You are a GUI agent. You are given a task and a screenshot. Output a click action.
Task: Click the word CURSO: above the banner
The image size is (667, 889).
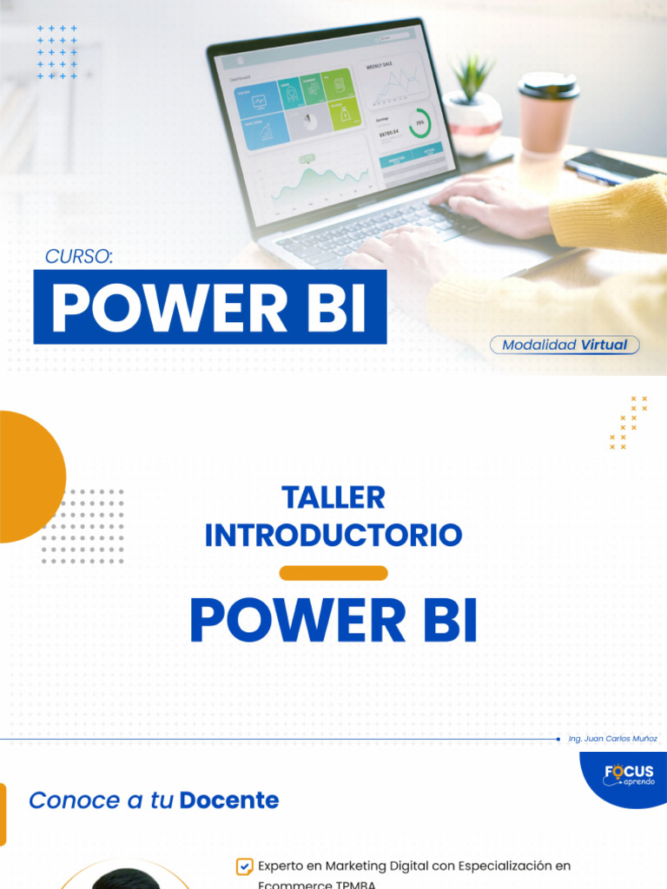(x=79, y=256)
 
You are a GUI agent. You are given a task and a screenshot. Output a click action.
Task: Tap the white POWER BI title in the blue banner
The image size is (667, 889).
(x=209, y=307)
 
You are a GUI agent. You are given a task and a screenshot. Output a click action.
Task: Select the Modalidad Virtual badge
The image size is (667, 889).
(x=565, y=345)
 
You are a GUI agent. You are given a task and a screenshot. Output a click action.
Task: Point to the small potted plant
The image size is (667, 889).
(x=473, y=104)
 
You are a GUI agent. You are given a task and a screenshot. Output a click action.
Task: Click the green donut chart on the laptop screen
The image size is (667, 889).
(x=420, y=123)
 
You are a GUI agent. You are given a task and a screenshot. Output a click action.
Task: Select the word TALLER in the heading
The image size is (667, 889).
(x=333, y=498)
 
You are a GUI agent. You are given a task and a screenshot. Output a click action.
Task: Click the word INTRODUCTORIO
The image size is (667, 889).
(x=333, y=535)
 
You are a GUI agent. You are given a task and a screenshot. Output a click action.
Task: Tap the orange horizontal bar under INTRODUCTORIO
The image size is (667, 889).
(x=333, y=573)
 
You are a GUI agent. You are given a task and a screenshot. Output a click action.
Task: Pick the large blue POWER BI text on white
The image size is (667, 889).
(x=333, y=621)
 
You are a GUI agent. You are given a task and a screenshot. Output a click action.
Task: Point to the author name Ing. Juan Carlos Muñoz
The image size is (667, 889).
(x=612, y=739)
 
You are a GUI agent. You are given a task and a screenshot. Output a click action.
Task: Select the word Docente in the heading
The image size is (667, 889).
(x=229, y=800)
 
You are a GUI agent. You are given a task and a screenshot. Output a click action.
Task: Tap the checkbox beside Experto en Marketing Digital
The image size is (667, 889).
(x=244, y=866)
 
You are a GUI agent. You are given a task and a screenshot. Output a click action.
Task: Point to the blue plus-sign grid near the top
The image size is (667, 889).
(x=57, y=52)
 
